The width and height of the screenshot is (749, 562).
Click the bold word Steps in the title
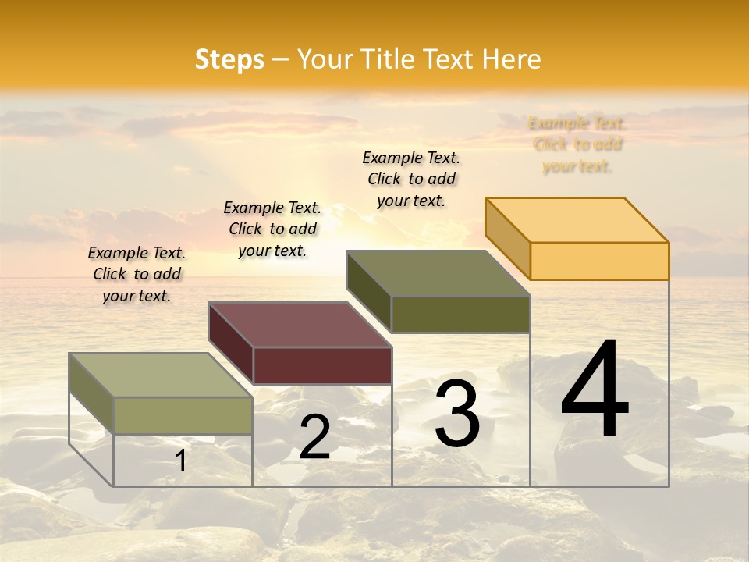[229, 60]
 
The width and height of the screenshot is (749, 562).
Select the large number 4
[595, 390]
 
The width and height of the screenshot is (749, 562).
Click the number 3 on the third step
[457, 414]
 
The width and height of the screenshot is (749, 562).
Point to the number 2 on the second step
[314, 437]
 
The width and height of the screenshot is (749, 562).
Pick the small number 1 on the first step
[181, 461]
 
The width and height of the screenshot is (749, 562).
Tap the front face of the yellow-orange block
[599, 261]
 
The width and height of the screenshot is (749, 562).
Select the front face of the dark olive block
[460, 314]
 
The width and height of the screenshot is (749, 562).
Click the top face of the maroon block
[300, 325]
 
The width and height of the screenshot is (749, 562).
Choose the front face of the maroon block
[322, 365]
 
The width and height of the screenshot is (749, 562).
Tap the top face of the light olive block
[161, 375]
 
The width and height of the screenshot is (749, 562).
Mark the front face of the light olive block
[183, 415]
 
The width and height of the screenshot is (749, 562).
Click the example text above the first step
[137, 274]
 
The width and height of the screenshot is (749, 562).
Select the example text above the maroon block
[272, 229]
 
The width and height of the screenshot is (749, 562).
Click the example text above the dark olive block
[411, 179]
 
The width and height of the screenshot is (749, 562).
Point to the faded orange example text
[577, 144]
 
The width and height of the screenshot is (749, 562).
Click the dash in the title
[281, 60]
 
